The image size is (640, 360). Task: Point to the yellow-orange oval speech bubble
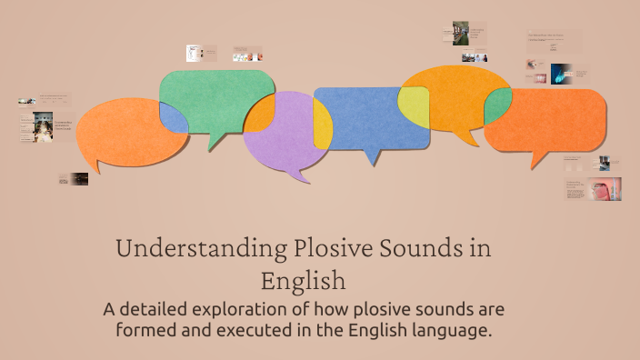(450, 95)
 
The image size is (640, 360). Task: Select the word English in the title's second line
(303, 278)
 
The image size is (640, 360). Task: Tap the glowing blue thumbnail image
(561, 73)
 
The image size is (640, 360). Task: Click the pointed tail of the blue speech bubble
(370, 160)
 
